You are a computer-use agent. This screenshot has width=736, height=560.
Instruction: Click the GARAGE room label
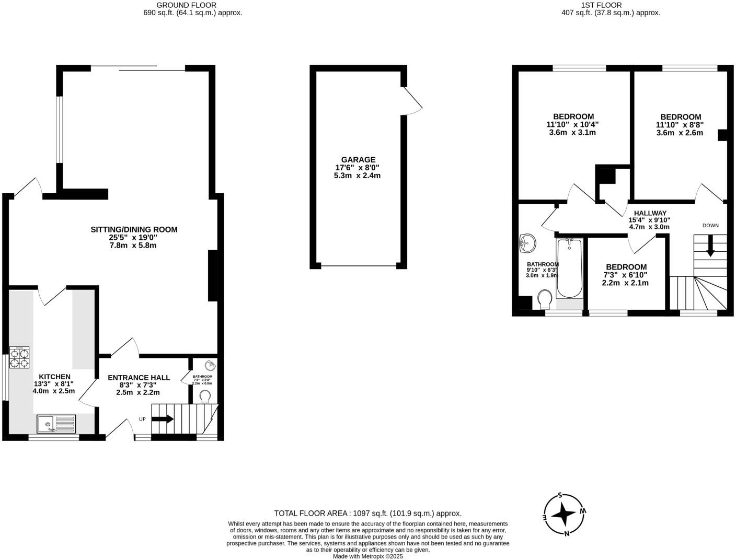pos(358,160)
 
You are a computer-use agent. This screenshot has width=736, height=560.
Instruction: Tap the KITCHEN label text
pos(54,377)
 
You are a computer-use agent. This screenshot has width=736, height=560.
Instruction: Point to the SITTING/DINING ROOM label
pos(134,229)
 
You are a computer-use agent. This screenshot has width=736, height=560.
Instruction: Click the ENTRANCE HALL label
pos(139,378)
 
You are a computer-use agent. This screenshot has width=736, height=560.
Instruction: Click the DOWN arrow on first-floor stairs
pos(710,246)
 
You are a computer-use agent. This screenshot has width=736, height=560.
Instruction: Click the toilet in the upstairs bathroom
pos(545,299)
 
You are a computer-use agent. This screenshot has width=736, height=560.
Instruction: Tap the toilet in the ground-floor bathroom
pos(205,396)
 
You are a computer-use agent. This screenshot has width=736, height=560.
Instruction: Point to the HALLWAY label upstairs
pos(650,213)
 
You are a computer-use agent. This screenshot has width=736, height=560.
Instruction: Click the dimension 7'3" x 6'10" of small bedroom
pos(625,275)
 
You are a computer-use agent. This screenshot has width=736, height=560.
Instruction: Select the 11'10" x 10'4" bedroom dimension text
pos(572,125)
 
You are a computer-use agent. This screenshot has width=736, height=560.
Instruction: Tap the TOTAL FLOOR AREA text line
pos(367,514)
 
